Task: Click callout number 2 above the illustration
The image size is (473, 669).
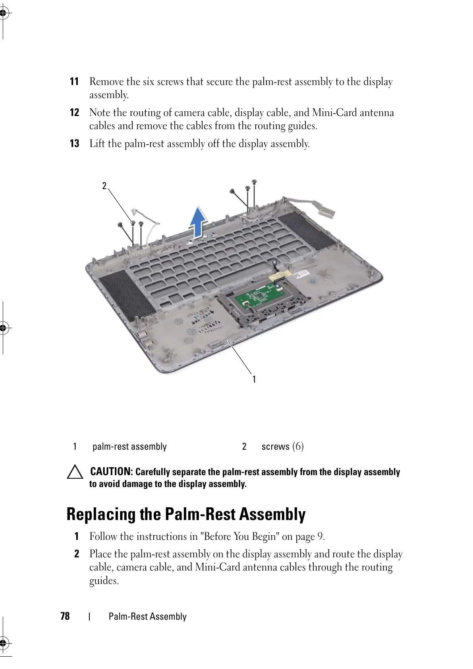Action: coord(104,186)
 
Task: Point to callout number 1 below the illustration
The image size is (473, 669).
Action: coord(254,379)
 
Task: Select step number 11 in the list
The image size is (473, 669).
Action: coord(74,82)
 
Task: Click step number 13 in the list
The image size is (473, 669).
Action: coord(74,144)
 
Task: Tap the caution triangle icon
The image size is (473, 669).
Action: coord(75,473)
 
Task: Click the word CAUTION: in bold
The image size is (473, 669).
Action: coord(112,472)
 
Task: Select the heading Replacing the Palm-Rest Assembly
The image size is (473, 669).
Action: coord(186,514)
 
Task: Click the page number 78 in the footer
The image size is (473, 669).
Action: coord(65,616)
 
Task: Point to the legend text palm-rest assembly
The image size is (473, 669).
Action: coord(129,447)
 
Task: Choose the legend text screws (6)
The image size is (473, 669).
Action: coord(282,447)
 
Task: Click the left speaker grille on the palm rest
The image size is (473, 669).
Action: coord(126,294)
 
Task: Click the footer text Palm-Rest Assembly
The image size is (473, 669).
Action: coord(147,617)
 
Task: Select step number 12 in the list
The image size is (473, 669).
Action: coord(74,113)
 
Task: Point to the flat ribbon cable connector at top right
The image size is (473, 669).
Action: coord(326,210)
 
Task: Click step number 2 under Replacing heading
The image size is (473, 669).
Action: coord(77,554)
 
